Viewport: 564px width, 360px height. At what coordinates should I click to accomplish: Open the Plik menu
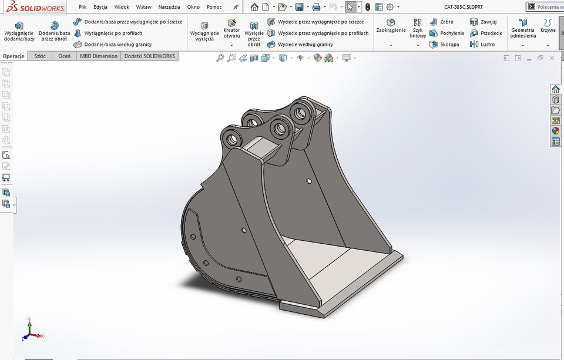click(83, 7)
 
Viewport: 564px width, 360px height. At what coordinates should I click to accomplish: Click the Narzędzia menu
click(169, 7)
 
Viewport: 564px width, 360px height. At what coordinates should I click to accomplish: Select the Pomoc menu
click(214, 7)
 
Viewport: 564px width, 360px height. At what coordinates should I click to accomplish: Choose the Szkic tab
click(41, 56)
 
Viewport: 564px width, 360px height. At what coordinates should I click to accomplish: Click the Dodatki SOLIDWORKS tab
click(149, 56)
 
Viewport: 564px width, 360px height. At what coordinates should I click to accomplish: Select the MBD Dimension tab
click(99, 56)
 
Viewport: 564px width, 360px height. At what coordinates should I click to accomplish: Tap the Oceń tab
click(64, 56)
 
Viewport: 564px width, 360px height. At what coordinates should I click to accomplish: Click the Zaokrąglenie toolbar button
click(391, 26)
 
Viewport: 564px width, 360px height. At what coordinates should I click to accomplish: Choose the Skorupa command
click(445, 44)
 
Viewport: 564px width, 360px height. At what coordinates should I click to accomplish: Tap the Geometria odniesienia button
click(522, 29)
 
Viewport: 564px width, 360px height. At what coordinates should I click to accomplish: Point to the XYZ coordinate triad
click(32, 331)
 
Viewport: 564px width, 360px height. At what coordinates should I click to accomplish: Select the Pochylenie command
click(447, 33)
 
